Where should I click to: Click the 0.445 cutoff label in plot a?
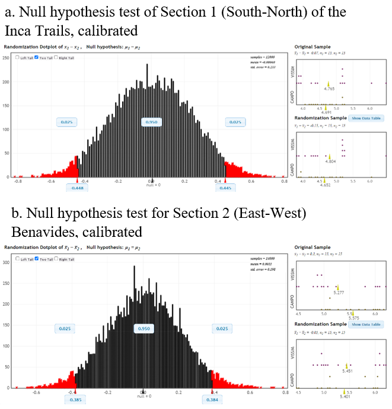tap(225, 187)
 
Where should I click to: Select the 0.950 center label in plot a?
tap(151, 122)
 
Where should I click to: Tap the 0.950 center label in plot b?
tap(143, 328)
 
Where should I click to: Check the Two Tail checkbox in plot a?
tap(37, 58)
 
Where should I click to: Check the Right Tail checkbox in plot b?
tap(55, 259)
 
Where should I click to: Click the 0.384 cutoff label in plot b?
tap(212, 400)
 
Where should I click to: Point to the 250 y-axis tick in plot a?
tap(6, 58)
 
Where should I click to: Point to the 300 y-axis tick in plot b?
tap(6, 261)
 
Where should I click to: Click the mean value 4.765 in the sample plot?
tap(329, 88)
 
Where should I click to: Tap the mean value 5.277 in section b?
tap(339, 293)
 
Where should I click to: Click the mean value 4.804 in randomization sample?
tap(330, 161)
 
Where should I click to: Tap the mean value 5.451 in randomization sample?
tap(348, 370)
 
